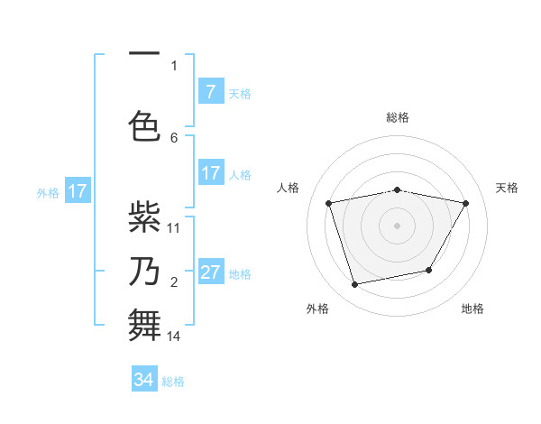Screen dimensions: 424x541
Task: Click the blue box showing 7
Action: pos(210,92)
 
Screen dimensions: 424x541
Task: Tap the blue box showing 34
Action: pos(144,380)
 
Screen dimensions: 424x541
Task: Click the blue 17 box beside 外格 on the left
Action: pos(77,191)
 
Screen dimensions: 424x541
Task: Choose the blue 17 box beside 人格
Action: pos(210,173)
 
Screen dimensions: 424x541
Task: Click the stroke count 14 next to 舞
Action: pos(174,336)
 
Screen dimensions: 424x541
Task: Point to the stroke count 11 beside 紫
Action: pos(174,227)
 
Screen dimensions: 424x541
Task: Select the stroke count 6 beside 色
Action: pos(174,137)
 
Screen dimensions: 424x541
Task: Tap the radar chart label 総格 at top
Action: pos(398,117)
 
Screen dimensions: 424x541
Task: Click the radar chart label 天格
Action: pos(508,188)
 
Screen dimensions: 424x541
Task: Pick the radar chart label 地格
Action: pos(472,309)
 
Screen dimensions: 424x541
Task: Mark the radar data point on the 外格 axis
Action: pos(355,284)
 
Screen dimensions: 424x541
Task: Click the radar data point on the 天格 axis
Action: pos(465,204)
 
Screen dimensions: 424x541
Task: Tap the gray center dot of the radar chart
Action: pos(398,226)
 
